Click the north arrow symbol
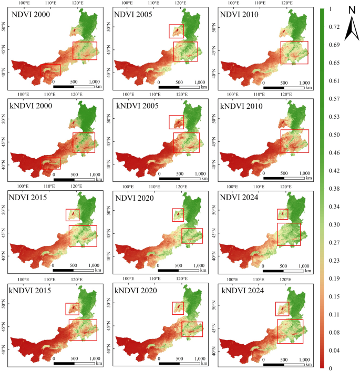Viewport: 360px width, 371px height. pos(351,29)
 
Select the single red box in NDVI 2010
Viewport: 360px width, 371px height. pos(294,53)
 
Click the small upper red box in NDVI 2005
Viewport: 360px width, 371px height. pos(176,31)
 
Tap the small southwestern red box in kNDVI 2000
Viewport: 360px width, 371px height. pos(51,163)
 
